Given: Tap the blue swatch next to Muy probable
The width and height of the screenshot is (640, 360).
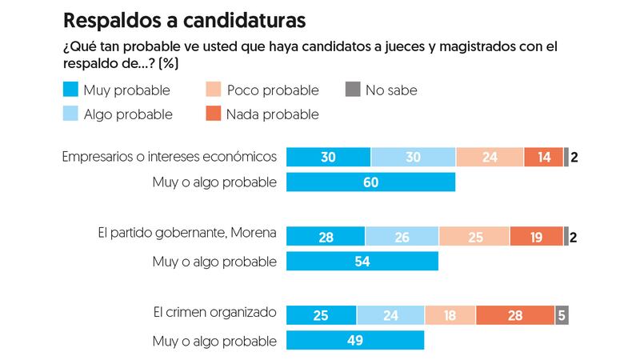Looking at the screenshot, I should (70, 90).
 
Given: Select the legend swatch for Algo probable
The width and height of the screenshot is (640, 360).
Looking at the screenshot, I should (70, 114).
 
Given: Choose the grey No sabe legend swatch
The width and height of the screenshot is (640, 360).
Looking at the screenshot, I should (352, 90).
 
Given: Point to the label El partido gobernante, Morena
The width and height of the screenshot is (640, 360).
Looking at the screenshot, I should (186, 235).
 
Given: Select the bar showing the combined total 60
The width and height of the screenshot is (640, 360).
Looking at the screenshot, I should (370, 182).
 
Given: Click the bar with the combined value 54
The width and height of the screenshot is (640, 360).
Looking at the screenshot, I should (362, 261).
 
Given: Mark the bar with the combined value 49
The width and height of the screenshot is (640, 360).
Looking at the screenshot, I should (354, 340).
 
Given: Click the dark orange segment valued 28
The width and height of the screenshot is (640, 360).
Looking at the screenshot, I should (514, 314).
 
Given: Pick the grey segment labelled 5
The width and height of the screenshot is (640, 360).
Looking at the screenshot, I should (562, 314).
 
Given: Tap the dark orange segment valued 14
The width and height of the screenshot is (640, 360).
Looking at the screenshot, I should (543, 157).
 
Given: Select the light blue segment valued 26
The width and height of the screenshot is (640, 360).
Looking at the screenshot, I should (402, 235).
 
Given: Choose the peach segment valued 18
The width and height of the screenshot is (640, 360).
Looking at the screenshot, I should (450, 314).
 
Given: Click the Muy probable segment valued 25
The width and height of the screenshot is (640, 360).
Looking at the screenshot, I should (321, 314).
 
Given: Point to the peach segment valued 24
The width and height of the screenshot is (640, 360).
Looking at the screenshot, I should (490, 157).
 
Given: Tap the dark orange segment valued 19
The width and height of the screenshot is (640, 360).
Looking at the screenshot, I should (536, 235).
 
